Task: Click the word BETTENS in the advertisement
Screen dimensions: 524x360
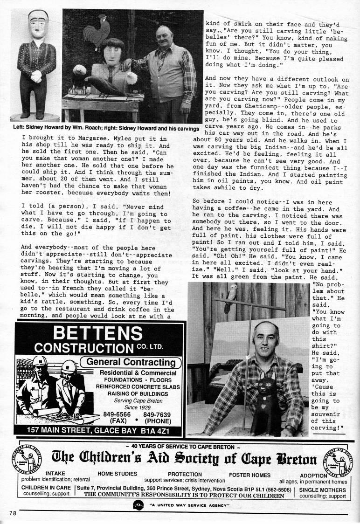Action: coord(97,334)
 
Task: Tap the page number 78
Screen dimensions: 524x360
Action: coord(12,513)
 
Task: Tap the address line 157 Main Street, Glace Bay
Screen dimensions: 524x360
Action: coord(98,430)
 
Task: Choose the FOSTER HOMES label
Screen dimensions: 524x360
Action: coord(249,475)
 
